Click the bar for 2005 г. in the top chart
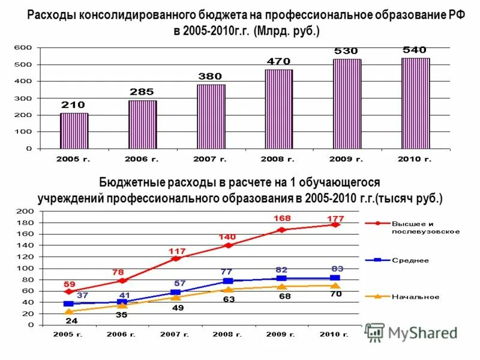pyautogui.click(x=74, y=131)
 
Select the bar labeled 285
pyautogui.click(x=142, y=124)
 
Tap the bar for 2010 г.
pyautogui.click(x=415, y=103)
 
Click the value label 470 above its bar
pyautogui.click(x=278, y=61)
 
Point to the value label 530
pyautogui.click(x=346, y=51)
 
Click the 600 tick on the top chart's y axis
pyautogui.click(x=22, y=47)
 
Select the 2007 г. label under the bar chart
pyautogui.click(x=211, y=159)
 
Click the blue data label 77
pyautogui.click(x=227, y=271)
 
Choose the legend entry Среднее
pyautogui.click(x=410, y=260)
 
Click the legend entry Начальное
pyautogui.click(x=415, y=297)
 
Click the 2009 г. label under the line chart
pyautogui.click(x=280, y=334)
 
